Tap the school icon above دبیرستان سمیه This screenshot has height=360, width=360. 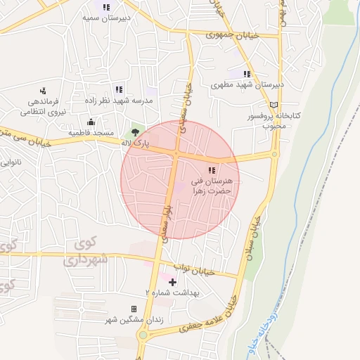click(106, 7)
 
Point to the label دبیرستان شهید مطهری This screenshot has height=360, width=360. click(247, 84)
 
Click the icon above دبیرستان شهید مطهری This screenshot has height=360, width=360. click(247, 74)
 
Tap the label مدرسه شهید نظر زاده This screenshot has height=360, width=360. click(118, 100)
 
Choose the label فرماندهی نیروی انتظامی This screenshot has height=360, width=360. click(42, 106)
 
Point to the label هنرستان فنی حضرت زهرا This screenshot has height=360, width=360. click(212, 186)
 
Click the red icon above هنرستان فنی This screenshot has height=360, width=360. click(212, 170)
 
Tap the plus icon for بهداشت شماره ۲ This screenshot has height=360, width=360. click(172, 282)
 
